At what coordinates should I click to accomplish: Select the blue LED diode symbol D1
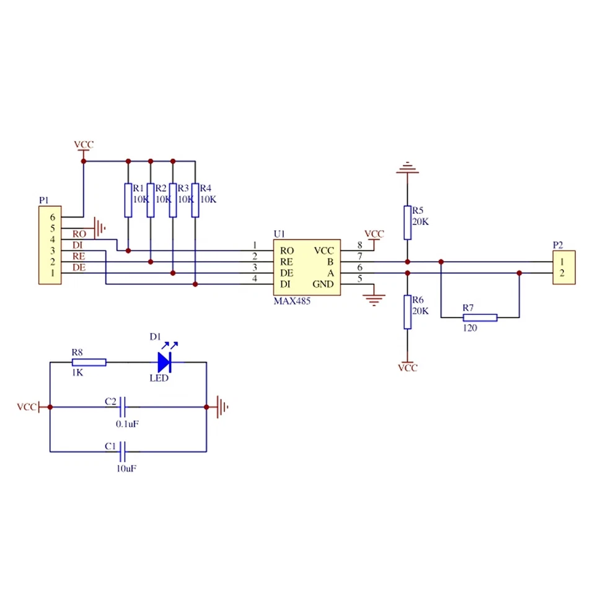[164, 361]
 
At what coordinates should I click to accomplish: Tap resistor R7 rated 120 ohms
[480, 318]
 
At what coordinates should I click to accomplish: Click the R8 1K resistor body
[89, 362]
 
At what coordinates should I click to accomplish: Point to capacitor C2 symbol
[123, 407]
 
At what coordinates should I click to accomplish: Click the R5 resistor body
[407, 223]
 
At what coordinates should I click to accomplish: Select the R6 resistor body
[407, 312]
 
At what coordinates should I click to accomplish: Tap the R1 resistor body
[128, 200]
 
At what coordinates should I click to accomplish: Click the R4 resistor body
[195, 200]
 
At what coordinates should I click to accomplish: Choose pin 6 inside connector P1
[53, 217]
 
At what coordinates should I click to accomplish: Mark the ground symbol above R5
[407, 167]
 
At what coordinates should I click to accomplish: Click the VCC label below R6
[407, 368]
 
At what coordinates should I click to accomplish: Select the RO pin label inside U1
[287, 251]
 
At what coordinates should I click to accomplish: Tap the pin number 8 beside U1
[359, 246]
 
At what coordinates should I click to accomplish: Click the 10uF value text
[126, 469]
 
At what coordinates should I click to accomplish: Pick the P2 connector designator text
[558, 244]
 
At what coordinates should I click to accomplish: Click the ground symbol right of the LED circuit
[221, 407]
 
